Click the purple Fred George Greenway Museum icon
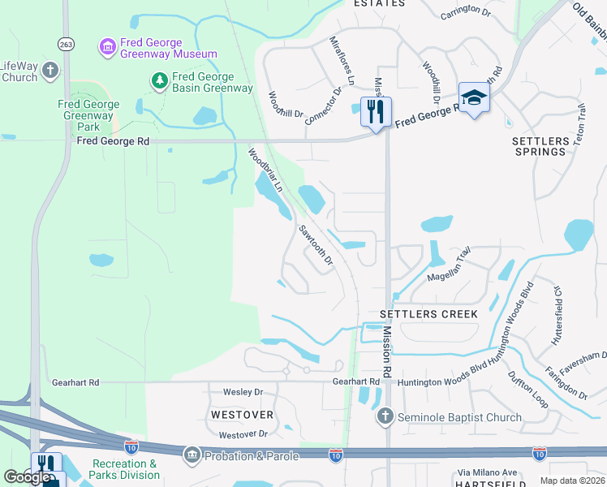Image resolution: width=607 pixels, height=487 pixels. tap(107, 48)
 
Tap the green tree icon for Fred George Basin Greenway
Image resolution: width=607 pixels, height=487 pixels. tap(159, 80)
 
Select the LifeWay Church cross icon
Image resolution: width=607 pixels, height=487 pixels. tap(50, 71)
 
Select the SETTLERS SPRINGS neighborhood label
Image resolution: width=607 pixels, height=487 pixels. tap(540, 146)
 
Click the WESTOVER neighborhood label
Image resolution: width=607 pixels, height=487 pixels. tap(241, 414)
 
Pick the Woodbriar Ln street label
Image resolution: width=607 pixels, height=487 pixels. tap(265, 169)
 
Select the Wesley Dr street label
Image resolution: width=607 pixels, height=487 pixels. tap(243, 392)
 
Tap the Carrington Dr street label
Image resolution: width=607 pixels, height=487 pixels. tap(467, 15)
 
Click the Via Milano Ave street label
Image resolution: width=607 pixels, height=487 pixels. tap(487, 472)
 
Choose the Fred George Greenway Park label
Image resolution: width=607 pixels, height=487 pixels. tap(88, 115)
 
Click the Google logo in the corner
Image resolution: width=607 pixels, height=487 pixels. tap(27, 477)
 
